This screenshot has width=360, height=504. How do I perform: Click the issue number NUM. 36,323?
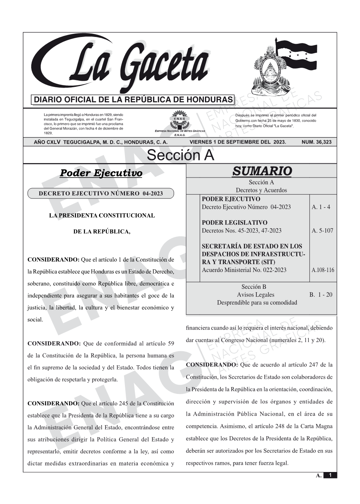(x=316, y=142)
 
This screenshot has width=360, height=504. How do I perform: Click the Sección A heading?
(x=180, y=155)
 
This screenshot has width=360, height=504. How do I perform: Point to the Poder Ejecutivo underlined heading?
(x=101, y=173)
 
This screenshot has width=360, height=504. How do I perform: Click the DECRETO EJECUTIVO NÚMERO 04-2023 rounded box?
(x=101, y=194)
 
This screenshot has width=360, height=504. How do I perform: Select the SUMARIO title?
(x=262, y=171)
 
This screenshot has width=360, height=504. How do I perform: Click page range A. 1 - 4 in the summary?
(x=321, y=207)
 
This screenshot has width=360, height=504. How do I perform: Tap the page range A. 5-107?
(x=322, y=230)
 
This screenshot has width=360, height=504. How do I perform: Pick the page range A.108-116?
(x=323, y=270)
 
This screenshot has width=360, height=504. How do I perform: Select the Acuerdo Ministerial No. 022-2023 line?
(x=244, y=270)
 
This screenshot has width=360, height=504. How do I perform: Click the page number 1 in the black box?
(x=330, y=475)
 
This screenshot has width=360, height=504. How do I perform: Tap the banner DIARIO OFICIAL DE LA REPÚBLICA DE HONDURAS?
(x=133, y=100)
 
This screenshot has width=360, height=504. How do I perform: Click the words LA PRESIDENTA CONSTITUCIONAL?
(x=102, y=216)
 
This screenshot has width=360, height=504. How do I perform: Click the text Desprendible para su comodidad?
(x=257, y=302)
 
